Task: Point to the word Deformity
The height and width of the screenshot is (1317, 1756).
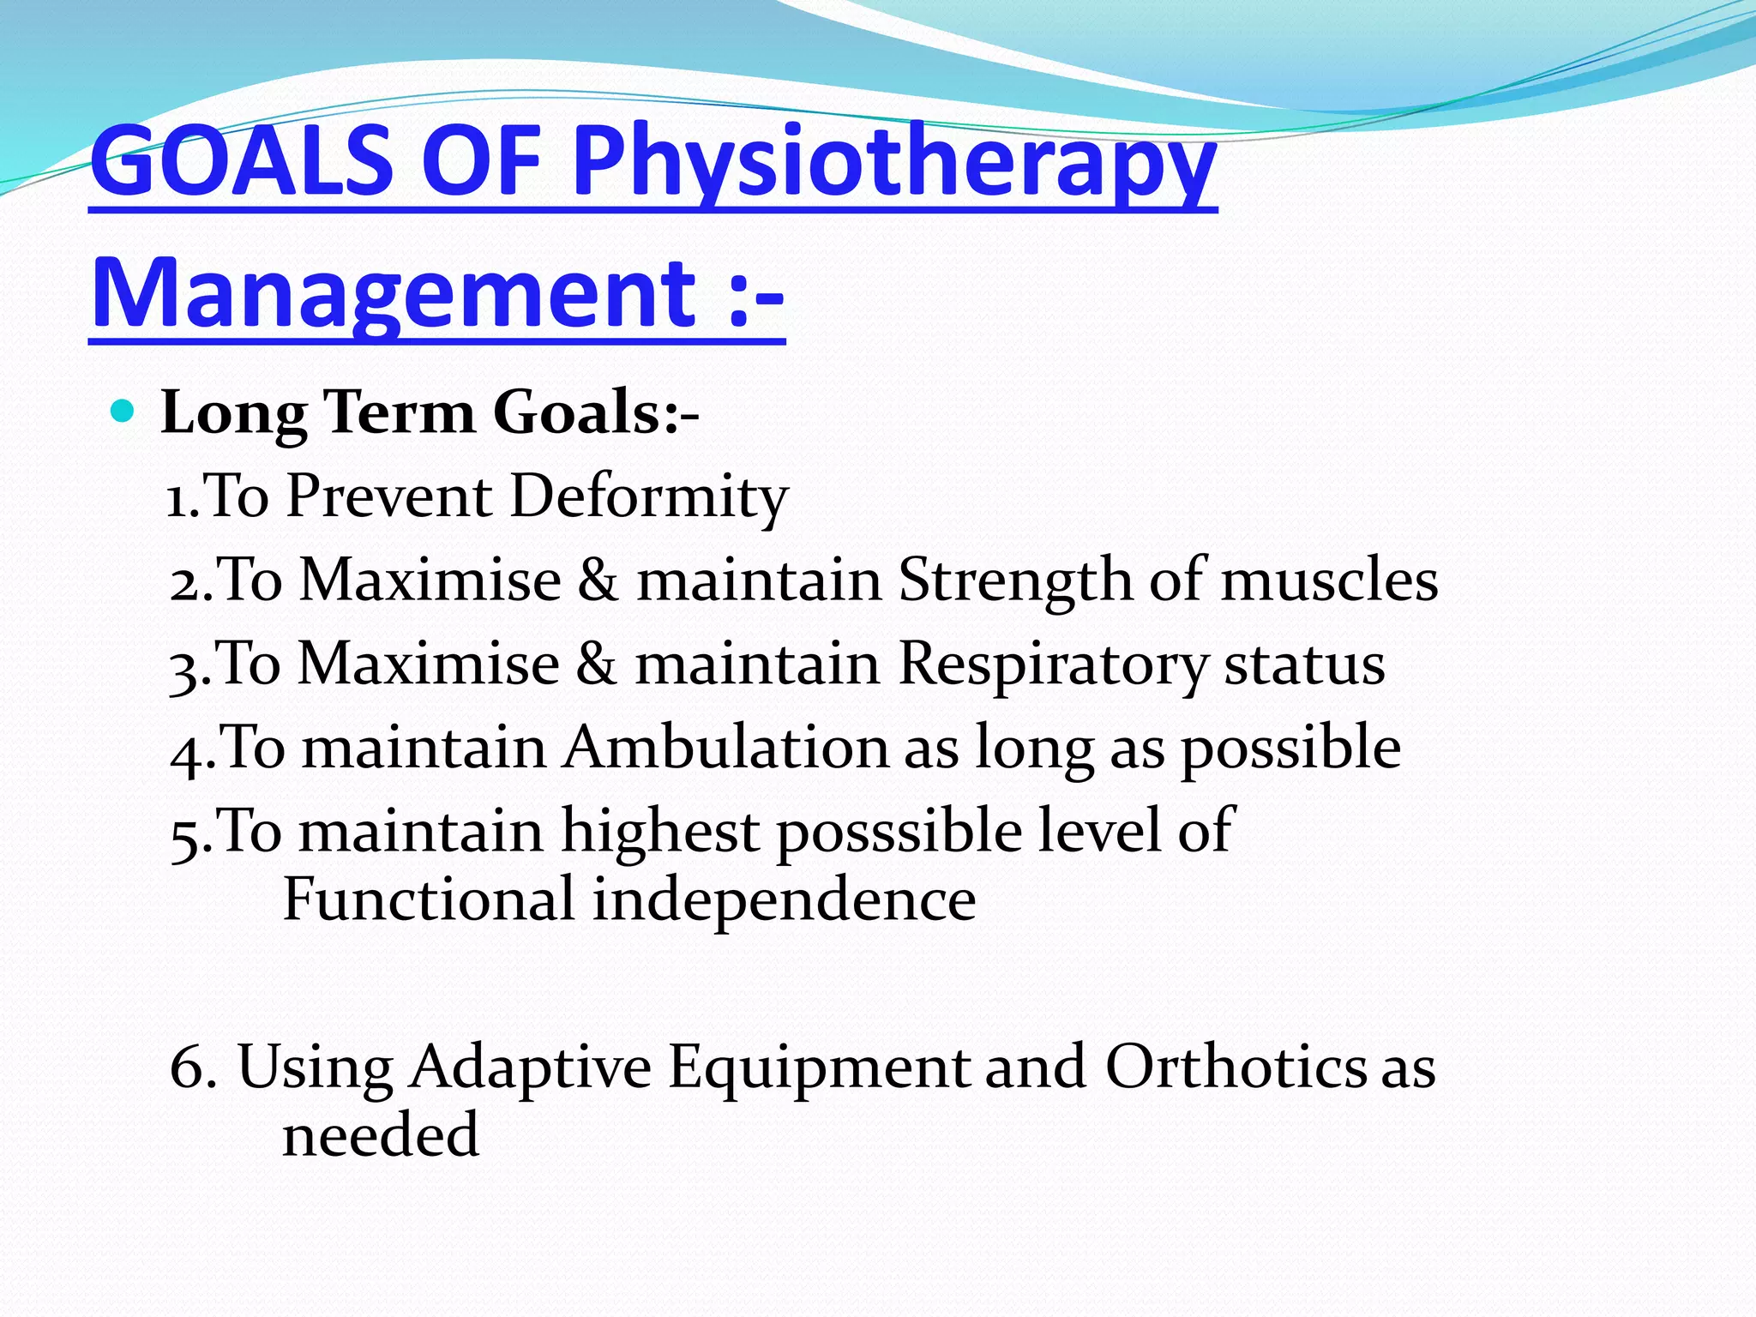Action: [649, 496]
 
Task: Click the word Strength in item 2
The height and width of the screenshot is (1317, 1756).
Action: [1015, 580]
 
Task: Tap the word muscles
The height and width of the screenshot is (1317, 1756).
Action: [1329, 580]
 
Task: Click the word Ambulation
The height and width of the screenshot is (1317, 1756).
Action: [726, 748]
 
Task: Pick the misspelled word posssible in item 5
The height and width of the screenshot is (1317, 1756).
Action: [899, 832]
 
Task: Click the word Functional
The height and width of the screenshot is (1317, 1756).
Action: [429, 899]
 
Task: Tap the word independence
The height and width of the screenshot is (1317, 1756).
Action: [784, 899]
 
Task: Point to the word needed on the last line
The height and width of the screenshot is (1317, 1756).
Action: [380, 1135]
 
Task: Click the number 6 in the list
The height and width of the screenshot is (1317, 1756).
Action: [187, 1067]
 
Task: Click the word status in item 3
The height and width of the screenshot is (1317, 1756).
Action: [1304, 665]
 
